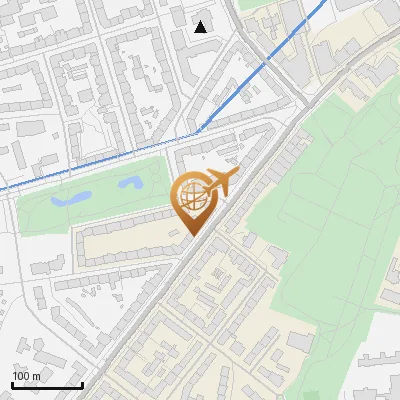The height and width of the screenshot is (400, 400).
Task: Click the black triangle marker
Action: coord(201,26)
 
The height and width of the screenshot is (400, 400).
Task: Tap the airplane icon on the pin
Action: coord(221,182)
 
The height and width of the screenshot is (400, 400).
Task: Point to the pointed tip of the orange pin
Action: coord(192,236)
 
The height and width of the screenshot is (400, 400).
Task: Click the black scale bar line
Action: coord(47,385)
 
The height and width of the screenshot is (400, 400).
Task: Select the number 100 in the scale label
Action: coord(20,376)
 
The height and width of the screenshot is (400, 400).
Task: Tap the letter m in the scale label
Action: coord(35,376)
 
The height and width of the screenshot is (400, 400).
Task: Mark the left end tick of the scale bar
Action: coord(12,383)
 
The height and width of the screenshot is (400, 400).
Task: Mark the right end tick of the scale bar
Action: coord(82,383)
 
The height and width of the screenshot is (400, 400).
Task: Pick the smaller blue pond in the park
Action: coord(130,183)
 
